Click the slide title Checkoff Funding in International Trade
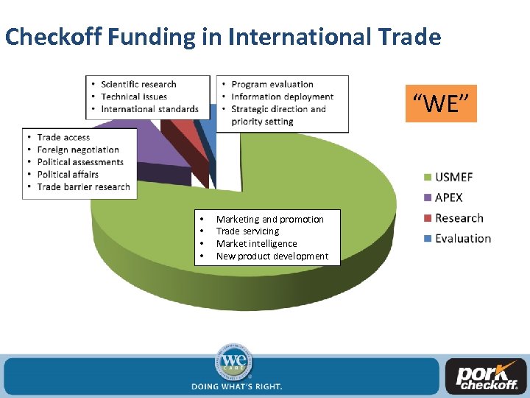coord(222,36)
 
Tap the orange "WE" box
coord(441,103)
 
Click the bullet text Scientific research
coord(138,84)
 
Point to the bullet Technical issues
coord(134,97)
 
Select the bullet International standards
coord(149,109)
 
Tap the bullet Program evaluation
coord(272,84)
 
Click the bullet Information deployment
coord(282,97)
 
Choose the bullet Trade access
coord(63,137)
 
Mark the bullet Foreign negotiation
coord(78,150)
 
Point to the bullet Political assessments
coord(80,162)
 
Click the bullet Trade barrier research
coord(83,186)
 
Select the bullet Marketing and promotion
coord(269,219)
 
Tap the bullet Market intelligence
coord(256,243)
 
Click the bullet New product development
coord(272,256)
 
